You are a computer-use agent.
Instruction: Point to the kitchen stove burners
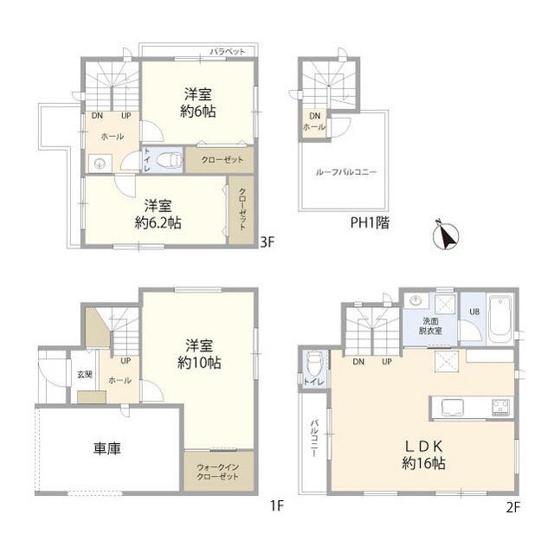click(x=502, y=406)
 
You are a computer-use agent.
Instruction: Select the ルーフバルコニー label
click(x=346, y=172)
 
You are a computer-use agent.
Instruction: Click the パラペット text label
click(x=227, y=53)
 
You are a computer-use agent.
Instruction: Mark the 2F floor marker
click(x=512, y=507)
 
